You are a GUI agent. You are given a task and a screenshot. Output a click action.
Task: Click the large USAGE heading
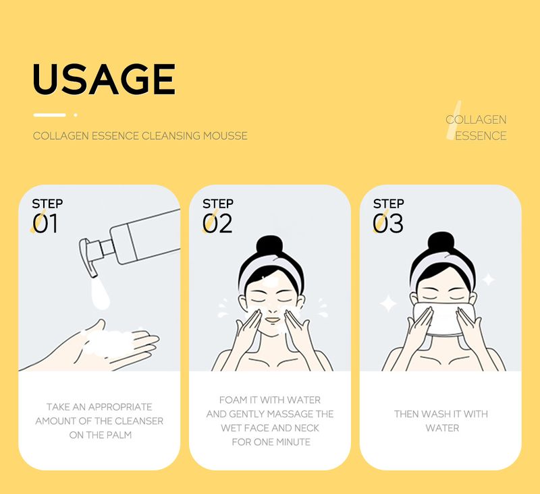[x=103, y=79]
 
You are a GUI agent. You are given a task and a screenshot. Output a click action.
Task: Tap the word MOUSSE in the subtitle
[x=225, y=136]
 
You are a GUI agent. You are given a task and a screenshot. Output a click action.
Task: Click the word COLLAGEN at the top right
[x=476, y=120]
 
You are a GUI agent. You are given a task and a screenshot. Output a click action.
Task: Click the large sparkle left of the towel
[x=388, y=304]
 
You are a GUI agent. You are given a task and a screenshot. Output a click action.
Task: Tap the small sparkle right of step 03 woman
[x=487, y=279]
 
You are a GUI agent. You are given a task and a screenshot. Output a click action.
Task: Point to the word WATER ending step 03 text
[x=442, y=428]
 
